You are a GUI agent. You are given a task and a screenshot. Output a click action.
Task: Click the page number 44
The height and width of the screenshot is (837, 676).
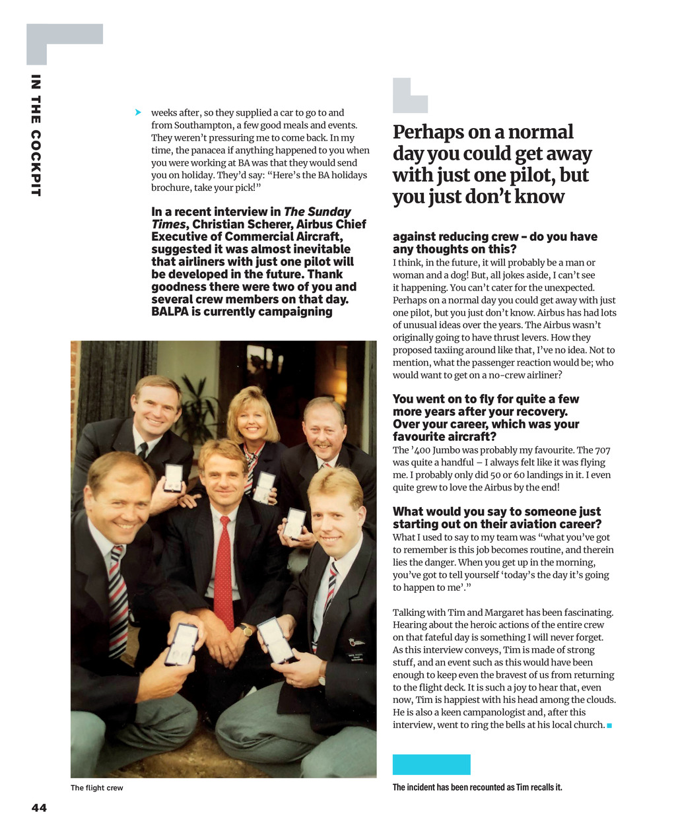tap(39, 807)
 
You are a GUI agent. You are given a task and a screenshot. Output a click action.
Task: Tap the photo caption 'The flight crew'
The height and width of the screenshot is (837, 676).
tap(96, 787)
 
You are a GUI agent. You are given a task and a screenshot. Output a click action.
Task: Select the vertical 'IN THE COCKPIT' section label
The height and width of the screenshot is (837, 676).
tap(36, 135)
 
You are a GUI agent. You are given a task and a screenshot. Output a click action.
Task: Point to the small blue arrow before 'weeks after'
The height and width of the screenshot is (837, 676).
tap(138, 112)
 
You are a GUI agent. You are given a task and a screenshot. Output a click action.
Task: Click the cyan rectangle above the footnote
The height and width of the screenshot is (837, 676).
tap(431, 764)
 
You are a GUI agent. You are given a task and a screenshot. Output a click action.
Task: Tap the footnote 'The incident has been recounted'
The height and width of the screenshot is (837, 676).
tap(477, 787)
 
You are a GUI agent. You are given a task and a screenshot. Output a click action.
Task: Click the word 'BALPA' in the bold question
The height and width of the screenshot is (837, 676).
tap(170, 312)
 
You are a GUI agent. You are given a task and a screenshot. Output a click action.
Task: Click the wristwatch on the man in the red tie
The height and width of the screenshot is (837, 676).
tap(246, 630)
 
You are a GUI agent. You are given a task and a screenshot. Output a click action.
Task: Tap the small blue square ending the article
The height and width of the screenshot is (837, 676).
tap(609, 725)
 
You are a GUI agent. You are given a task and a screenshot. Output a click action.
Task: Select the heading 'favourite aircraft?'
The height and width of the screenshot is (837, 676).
tap(444, 436)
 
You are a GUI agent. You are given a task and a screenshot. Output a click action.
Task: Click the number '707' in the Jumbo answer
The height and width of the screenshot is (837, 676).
tap(602, 450)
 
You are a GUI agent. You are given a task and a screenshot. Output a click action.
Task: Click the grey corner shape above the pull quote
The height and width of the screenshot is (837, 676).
tap(409, 96)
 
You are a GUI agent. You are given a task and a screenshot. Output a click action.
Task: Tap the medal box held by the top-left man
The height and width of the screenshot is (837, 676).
tap(173, 477)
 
